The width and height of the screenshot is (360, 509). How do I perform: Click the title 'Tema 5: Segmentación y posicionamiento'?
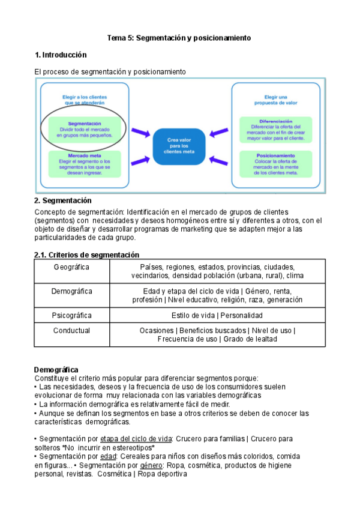click(x=179, y=38)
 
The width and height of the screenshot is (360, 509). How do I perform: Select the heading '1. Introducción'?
click(x=61, y=55)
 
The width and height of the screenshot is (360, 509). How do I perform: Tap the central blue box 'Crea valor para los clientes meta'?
click(x=178, y=145)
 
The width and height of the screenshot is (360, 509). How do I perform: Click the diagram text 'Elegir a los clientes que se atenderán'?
click(x=84, y=98)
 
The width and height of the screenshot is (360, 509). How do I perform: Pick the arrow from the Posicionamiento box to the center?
click(x=218, y=160)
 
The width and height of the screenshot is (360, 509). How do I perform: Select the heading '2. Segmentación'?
click(x=63, y=200)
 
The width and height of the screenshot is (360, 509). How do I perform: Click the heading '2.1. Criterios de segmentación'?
click(x=86, y=254)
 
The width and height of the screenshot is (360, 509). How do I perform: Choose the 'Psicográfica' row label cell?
click(x=72, y=315)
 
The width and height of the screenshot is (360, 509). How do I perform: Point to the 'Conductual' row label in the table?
click(x=72, y=330)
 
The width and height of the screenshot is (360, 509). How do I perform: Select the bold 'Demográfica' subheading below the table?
click(x=56, y=369)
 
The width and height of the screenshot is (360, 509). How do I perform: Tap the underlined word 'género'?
click(x=151, y=465)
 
